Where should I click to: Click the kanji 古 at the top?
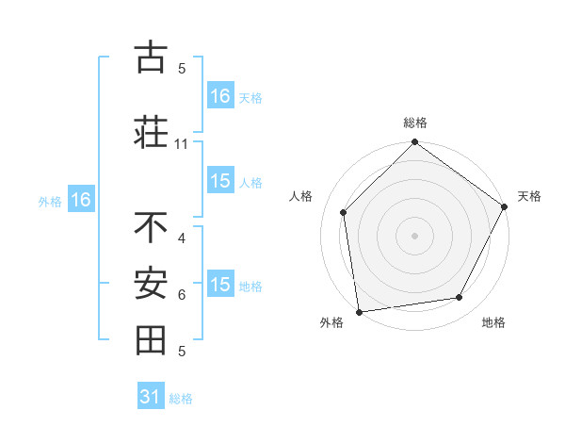pyautogui.click(x=151, y=58)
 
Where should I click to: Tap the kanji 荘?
pyautogui.click(x=151, y=131)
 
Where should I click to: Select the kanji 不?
pyautogui.click(x=151, y=228)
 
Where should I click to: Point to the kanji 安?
pyautogui.click(x=151, y=284)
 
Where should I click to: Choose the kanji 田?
pyautogui.click(x=151, y=340)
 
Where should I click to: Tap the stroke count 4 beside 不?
pyautogui.click(x=181, y=238)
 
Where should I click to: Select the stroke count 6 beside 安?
pyautogui.click(x=181, y=295)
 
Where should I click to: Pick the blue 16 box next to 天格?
pyautogui.click(x=220, y=95)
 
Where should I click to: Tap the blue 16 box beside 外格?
pyautogui.click(x=80, y=200)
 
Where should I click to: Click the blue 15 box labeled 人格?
pyautogui.click(x=220, y=181)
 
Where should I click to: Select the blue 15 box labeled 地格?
pyautogui.click(x=220, y=285)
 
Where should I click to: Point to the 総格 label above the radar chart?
pyautogui.click(x=414, y=123)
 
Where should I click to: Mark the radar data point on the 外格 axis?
pyautogui.click(x=359, y=311)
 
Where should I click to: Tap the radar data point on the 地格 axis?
pyautogui.click(x=460, y=298)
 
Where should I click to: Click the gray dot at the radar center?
pyautogui.click(x=414, y=236)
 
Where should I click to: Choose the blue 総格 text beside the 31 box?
pyautogui.click(x=181, y=399)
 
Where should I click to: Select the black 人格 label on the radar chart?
pyautogui.click(x=301, y=196)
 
